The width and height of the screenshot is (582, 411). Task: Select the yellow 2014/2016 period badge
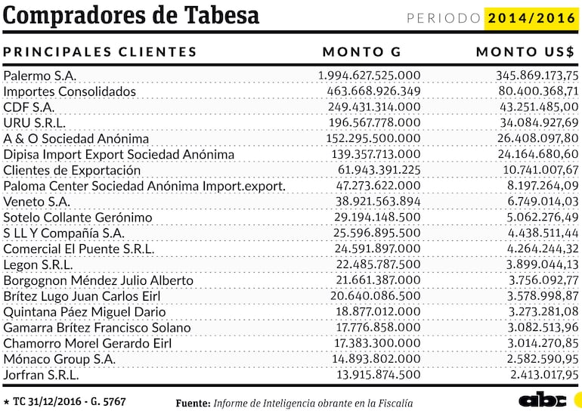(531, 18)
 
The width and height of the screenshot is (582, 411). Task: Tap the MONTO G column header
(362, 52)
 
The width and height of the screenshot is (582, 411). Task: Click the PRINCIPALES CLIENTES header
(101, 52)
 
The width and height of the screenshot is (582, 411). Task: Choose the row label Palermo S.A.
(40, 76)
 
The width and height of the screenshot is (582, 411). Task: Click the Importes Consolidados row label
(70, 91)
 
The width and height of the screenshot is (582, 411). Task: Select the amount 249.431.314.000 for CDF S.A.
(374, 107)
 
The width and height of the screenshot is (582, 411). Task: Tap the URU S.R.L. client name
(35, 122)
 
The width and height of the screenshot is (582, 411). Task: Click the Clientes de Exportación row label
(72, 170)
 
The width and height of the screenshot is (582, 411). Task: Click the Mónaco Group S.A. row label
(60, 359)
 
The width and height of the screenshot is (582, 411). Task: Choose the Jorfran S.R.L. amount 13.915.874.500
(378, 375)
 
